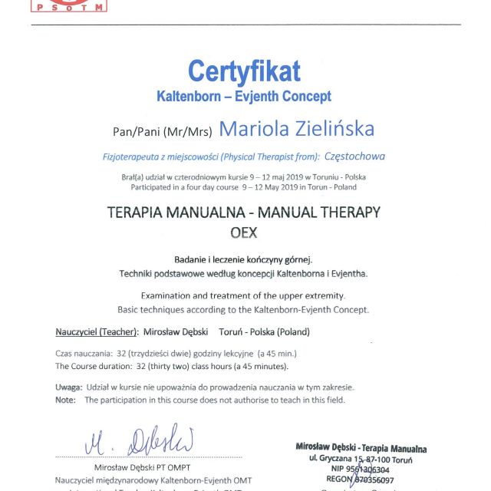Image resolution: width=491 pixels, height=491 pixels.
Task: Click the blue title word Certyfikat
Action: click(x=244, y=71)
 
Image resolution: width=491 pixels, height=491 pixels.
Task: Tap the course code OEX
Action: click(x=244, y=232)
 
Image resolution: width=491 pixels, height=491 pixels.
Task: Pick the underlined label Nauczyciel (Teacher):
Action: click(x=97, y=332)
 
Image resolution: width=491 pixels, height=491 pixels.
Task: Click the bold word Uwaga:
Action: click(x=69, y=387)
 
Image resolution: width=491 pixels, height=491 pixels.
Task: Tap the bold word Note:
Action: click(x=66, y=400)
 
